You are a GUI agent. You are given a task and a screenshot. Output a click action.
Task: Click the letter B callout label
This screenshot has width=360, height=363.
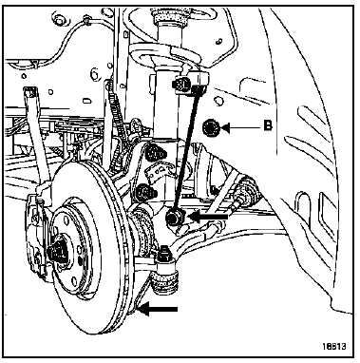click(x=268, y=125)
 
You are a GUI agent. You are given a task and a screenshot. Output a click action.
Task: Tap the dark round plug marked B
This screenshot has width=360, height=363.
click(x=211, y=128)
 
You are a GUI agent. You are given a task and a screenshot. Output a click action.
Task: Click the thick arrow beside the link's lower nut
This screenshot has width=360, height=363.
click(x=208, y=217)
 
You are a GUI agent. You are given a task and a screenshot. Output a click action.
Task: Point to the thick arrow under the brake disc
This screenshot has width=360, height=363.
click(x=158, y=309)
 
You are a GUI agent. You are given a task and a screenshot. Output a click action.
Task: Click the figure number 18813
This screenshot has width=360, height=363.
click(x=334, y=346)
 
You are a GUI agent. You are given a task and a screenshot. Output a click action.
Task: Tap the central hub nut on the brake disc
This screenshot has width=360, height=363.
click(x=58, y=249)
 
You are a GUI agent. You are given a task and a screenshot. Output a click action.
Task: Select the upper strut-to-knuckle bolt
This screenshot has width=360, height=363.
click(x=155, y=153)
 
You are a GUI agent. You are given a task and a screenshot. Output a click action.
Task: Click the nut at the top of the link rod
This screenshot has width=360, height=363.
click(x=181, y=85)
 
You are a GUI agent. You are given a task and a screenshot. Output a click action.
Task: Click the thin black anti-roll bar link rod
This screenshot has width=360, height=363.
click(x=186, y=149)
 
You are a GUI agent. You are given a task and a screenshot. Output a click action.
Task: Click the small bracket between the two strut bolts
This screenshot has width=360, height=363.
click(x=159, y=172)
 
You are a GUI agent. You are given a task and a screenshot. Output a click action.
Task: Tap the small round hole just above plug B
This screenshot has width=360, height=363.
click(x=218, y=102)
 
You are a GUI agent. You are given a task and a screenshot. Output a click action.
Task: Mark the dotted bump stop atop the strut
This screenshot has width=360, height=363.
click(x=169, y=16)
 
